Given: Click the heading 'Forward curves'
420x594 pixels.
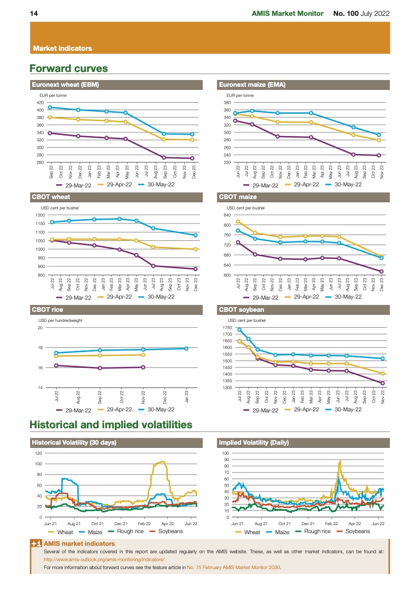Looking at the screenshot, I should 69,69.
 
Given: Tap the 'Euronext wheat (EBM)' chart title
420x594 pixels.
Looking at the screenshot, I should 66,85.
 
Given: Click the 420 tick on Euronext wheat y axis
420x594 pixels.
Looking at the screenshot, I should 40,102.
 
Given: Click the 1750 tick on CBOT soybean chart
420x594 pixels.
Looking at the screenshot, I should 227,328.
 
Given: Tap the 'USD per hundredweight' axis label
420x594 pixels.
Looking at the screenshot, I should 60,320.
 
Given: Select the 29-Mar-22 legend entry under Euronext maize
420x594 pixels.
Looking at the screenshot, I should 262,185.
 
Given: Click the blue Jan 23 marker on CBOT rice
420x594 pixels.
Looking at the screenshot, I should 186,348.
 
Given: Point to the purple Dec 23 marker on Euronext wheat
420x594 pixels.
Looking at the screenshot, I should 192,158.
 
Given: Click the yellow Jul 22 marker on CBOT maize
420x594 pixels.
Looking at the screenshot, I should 238,222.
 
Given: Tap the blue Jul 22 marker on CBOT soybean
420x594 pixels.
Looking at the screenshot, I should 239,330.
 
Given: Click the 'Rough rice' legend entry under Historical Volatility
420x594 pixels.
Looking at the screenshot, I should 126,531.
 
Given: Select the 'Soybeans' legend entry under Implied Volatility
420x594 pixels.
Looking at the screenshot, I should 353,531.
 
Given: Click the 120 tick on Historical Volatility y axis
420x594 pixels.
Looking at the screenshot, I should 38,453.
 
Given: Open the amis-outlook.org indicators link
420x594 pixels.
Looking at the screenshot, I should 104,559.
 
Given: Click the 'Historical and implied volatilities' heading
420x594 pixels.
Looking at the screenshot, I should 111,425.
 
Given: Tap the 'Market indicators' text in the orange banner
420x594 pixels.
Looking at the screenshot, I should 62,48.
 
